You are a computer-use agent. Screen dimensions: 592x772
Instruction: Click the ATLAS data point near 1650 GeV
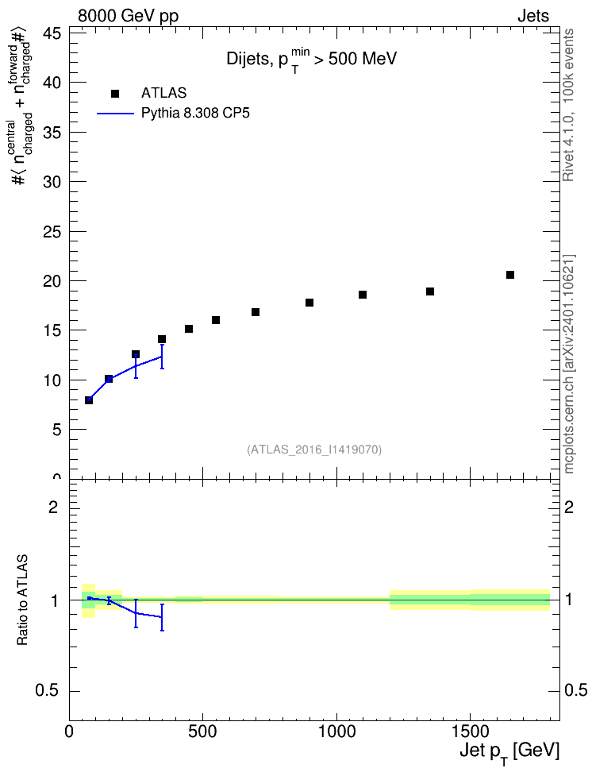[x=509, y=275]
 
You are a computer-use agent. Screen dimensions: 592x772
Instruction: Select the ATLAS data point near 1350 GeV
[x=429, y=291]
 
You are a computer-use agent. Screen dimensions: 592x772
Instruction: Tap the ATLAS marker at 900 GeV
[x=309, y=303]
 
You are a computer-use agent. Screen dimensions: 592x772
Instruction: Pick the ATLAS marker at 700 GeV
[x=256, y=312]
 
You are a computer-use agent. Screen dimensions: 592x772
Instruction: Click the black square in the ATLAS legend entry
[x=115, y=94]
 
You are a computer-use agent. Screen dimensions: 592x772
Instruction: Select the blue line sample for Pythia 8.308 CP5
[x=116, y=114]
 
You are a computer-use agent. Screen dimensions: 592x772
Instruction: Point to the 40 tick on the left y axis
[x=51, y=83]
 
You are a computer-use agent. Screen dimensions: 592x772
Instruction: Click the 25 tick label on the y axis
[x=51, y=231]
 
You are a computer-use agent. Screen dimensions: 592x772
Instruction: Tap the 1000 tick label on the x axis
[x=336, y=731]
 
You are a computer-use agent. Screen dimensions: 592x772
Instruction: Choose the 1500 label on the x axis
[x=471, y=731]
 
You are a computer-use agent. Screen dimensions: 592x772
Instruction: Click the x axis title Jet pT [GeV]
[x=509, y=753]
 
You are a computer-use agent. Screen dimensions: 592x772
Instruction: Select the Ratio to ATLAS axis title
[x=22, y=600]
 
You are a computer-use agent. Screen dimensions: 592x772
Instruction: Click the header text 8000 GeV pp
[x=128, y=16]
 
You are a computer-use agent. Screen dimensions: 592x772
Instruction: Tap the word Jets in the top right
[x=533, y=16]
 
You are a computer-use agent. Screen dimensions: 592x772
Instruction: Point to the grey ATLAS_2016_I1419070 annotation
[x=314, y=450]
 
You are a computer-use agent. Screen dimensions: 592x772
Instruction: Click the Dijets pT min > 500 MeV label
[x=312, y=60]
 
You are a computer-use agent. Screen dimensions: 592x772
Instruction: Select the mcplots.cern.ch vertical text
[x=569, y=364]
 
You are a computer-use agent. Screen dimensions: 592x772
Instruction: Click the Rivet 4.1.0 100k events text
[x=568, y=105]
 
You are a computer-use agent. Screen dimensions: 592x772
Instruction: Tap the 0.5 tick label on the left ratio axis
[x=47, y=691]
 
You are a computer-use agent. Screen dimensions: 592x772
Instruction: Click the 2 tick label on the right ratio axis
[x=569, y=507]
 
